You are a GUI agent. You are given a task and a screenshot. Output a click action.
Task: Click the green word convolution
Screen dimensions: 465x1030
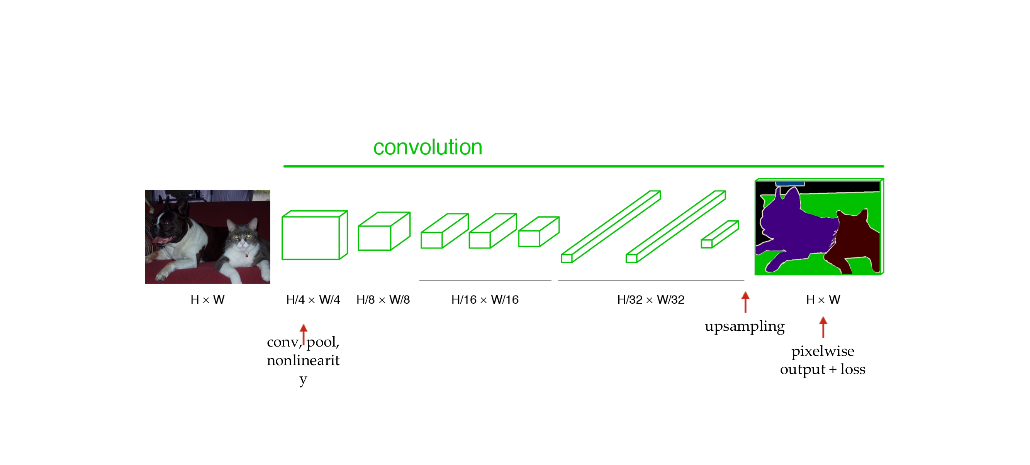(428, 147)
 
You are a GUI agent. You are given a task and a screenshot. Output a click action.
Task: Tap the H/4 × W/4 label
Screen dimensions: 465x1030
(313, 299)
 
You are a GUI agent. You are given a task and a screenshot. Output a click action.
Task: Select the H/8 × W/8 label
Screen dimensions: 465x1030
(383, 299)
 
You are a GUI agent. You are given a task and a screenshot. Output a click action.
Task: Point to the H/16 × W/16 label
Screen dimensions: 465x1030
(485, 299)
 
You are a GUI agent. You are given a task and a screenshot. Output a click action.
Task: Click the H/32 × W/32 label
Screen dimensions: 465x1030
(650, 299)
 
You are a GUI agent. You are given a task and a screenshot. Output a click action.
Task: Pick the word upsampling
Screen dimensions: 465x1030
(745, 326)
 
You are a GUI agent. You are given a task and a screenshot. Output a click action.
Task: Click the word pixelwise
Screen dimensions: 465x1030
(823, 351)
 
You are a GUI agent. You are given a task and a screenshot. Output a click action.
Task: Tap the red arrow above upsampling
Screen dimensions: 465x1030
(745, 302)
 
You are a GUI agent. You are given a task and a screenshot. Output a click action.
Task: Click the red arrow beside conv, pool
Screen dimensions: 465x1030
(304, 333)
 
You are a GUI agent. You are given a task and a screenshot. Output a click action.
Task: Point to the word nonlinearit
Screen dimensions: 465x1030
(303, 360)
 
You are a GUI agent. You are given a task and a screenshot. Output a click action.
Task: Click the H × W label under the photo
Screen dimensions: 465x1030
(207, 299)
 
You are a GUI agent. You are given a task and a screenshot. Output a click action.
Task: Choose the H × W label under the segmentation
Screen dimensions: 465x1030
(823, 299)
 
